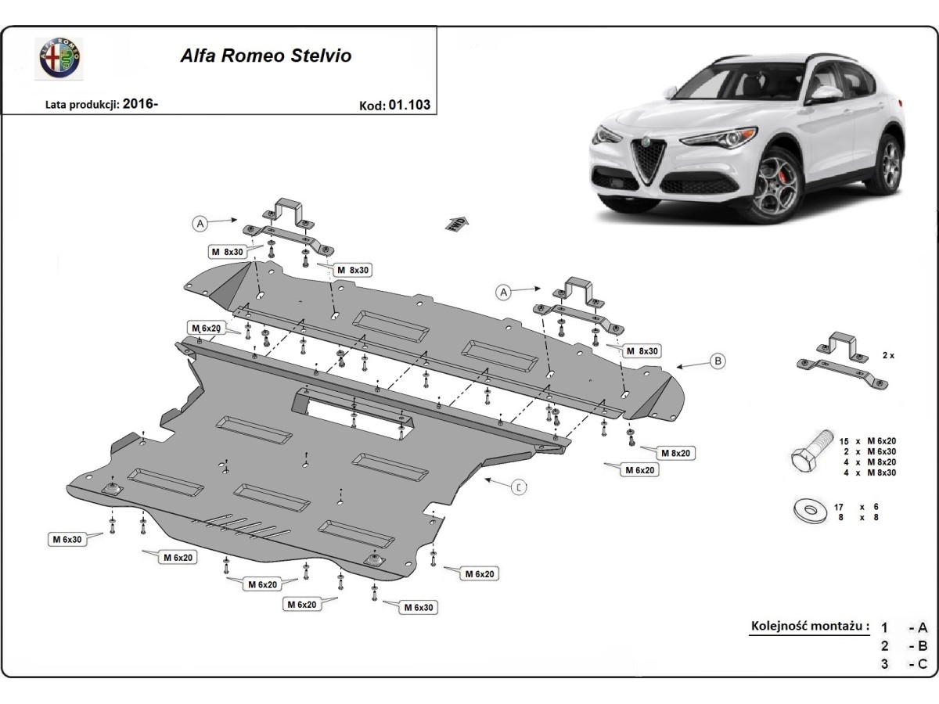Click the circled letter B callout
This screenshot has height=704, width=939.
click(717, 361)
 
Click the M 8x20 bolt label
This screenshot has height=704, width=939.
click(675, 453)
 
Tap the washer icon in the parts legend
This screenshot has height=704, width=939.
click(809, 511)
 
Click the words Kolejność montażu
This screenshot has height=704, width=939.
click(810, 626)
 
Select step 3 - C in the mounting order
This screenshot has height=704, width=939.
click(904, 664)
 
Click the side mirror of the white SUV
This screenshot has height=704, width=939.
click(824, 93)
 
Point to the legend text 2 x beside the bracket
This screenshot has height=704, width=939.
click(887, 354)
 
